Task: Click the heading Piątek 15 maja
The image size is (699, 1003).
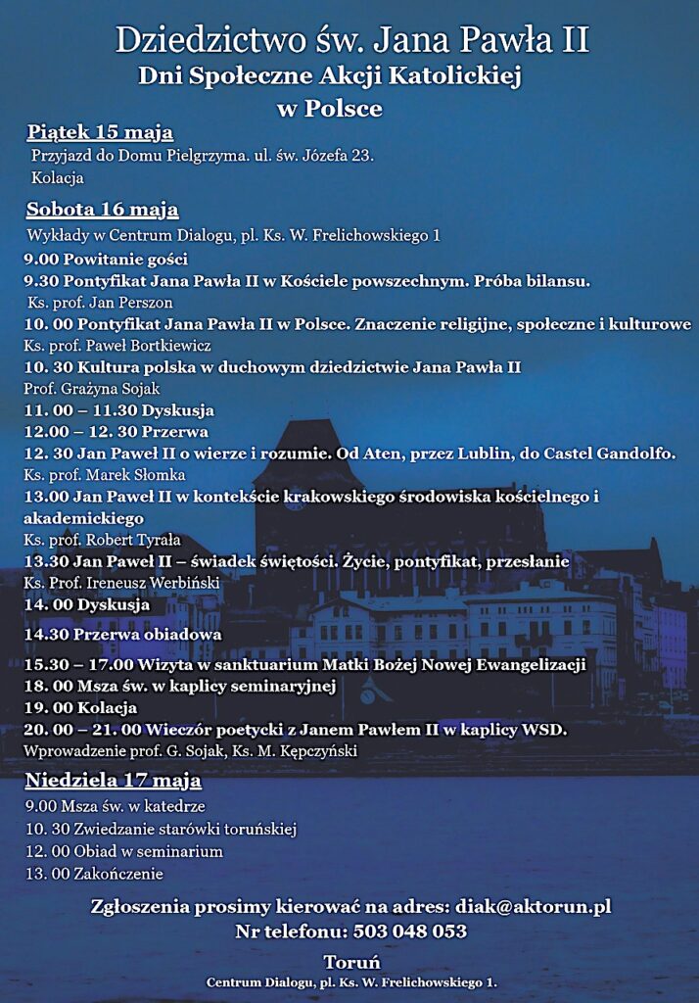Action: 100,132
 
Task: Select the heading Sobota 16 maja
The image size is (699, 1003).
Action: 103,209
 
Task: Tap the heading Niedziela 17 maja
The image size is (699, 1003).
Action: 114,781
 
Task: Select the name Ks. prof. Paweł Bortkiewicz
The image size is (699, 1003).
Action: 117,345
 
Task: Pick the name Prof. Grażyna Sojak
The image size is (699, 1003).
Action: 91,388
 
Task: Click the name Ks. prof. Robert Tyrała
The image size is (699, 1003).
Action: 103,540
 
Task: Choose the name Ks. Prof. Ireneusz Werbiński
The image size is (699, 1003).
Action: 121,583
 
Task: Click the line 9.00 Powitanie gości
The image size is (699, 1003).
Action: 106,260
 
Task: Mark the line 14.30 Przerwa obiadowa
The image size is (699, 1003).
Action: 122,634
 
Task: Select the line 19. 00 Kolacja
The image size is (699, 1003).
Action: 80,707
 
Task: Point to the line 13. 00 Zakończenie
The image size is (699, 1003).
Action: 95,873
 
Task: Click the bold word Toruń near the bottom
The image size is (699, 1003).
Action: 351,962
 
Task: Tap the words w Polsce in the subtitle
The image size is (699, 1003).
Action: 330,108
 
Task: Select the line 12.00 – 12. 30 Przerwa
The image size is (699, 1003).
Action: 116,432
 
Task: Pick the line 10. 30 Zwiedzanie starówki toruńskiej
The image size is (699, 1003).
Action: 161,830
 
